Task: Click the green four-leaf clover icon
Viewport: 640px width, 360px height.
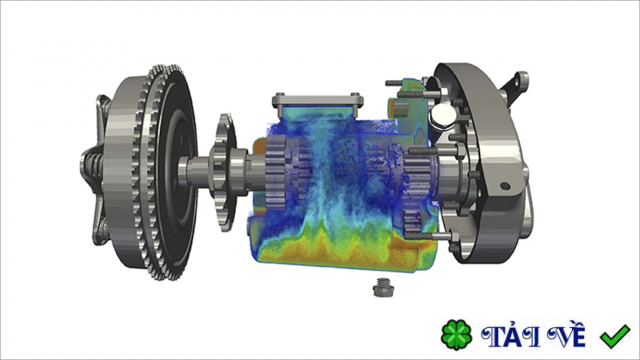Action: (456, 335)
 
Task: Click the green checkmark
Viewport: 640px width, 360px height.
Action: (614, 336)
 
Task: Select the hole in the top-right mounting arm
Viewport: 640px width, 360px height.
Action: (522, 79)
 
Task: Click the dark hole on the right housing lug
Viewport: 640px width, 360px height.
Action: (505, 186)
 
